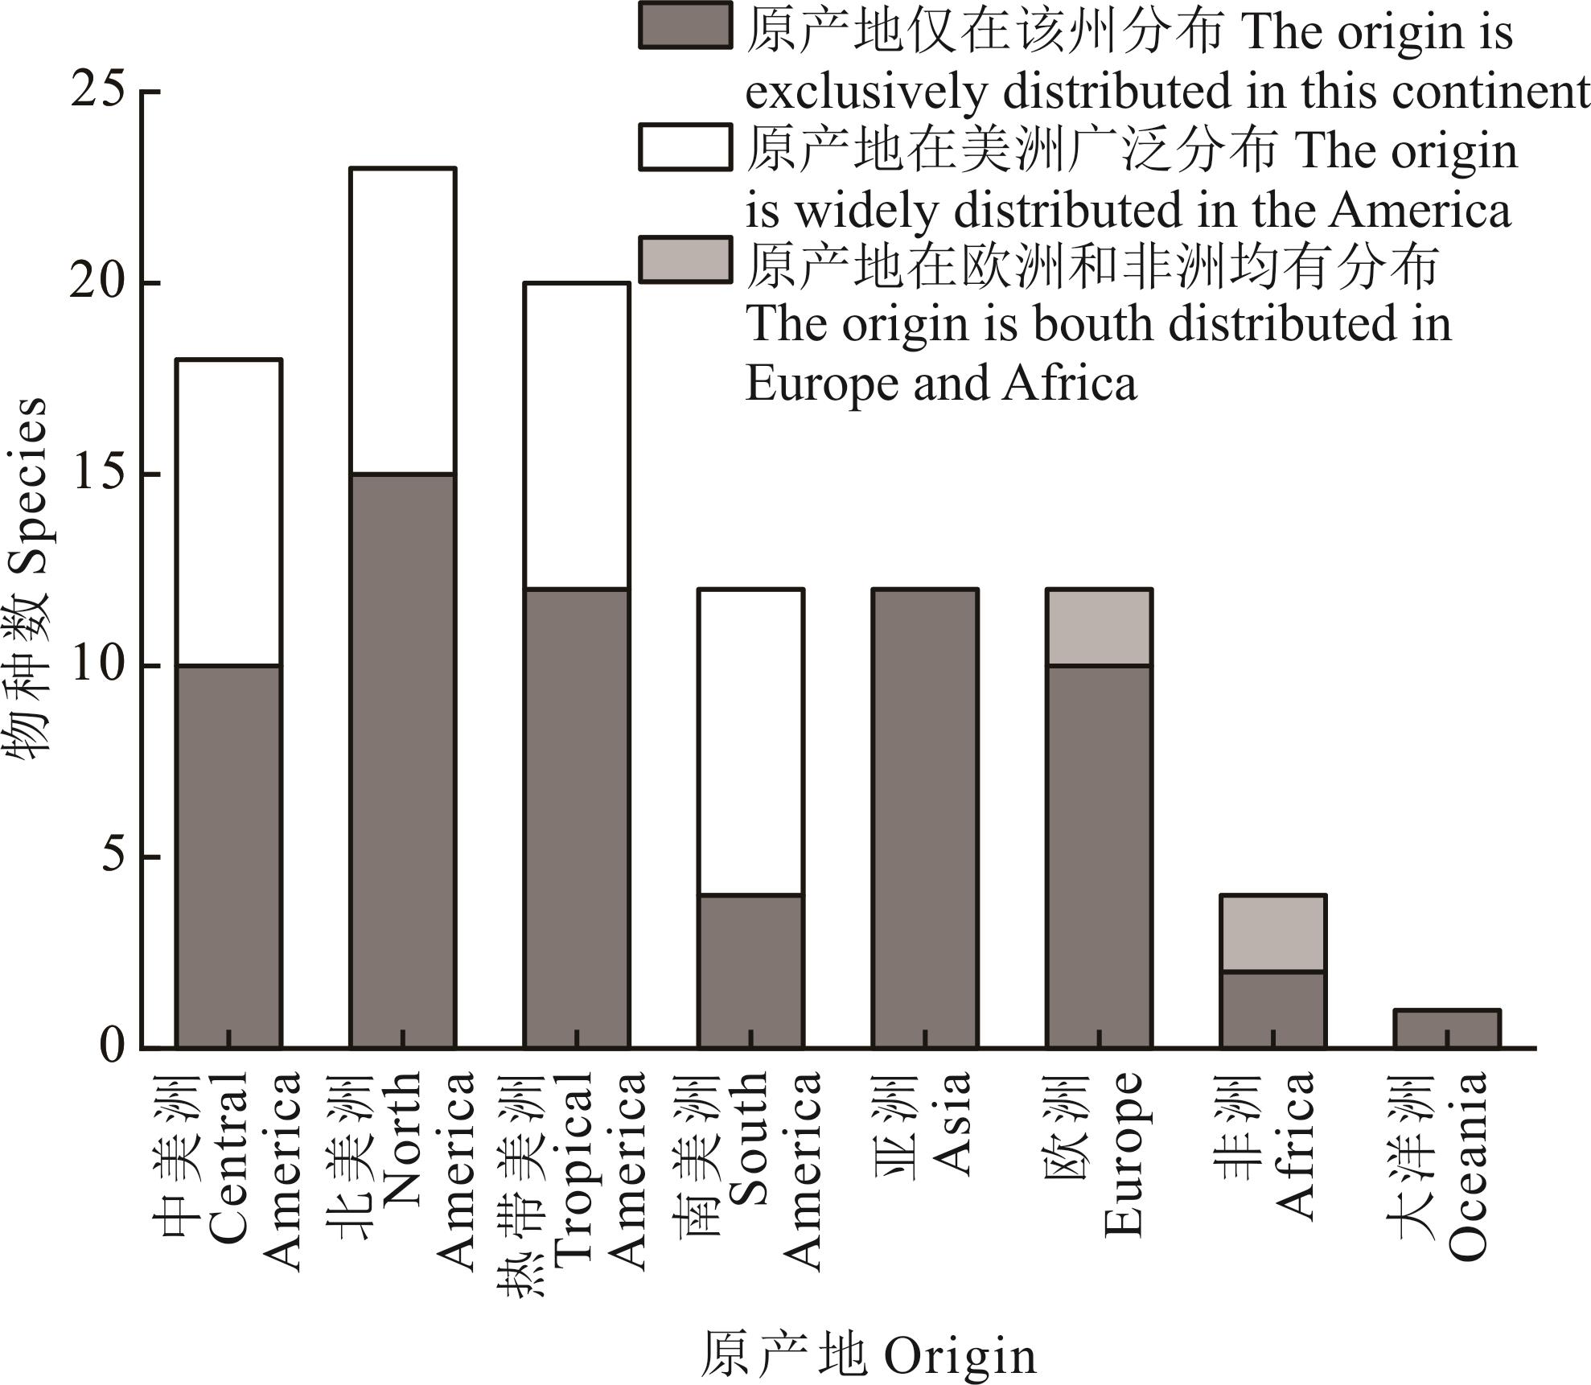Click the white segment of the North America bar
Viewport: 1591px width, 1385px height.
click(402, 321)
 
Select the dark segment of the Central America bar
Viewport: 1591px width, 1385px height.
click(228, 856)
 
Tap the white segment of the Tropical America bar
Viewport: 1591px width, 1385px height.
click(576, 435)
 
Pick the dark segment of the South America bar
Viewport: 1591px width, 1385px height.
click(750, 970)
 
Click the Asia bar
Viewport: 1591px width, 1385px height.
click(924, 817)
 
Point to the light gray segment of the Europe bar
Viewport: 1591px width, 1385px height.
click(1099, 627)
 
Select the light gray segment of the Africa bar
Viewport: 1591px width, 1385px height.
click(1272, 932)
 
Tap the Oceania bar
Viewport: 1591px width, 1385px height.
click(1446, 1028)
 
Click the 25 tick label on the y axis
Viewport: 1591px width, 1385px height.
click(98, 90)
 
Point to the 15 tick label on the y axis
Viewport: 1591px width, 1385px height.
click(98, 474)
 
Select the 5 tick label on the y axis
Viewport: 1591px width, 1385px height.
click(113, 857)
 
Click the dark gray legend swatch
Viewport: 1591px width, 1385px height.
click(685, 26)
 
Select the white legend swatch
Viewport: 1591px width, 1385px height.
click(685, 146)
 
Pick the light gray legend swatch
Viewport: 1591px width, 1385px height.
click(685, 259)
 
